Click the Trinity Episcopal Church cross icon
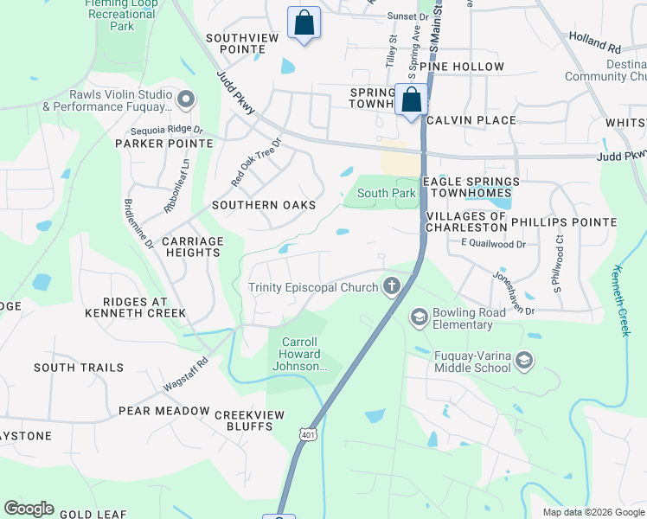pyautogui.click(x=392, y=286)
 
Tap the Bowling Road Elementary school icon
pyautogui.click(x=420, y=317)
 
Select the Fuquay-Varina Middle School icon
pyautogui.click(x=524, y=359)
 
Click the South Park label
pyautogui.click(x=386, y=194)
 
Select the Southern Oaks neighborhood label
pyautogui.click(x=264, y=205)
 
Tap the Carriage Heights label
pyautogui.click(x=193, y=247)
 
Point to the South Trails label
pyautogui.click(x=73, y=368)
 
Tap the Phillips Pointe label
pyautogui.click(x=564, y=222)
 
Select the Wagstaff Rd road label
pyautogui.click(x=186, y=374)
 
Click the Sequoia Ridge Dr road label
pyautogui.click(x=166, y=130)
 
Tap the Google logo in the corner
pyautogui.click(x=29, y=509)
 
